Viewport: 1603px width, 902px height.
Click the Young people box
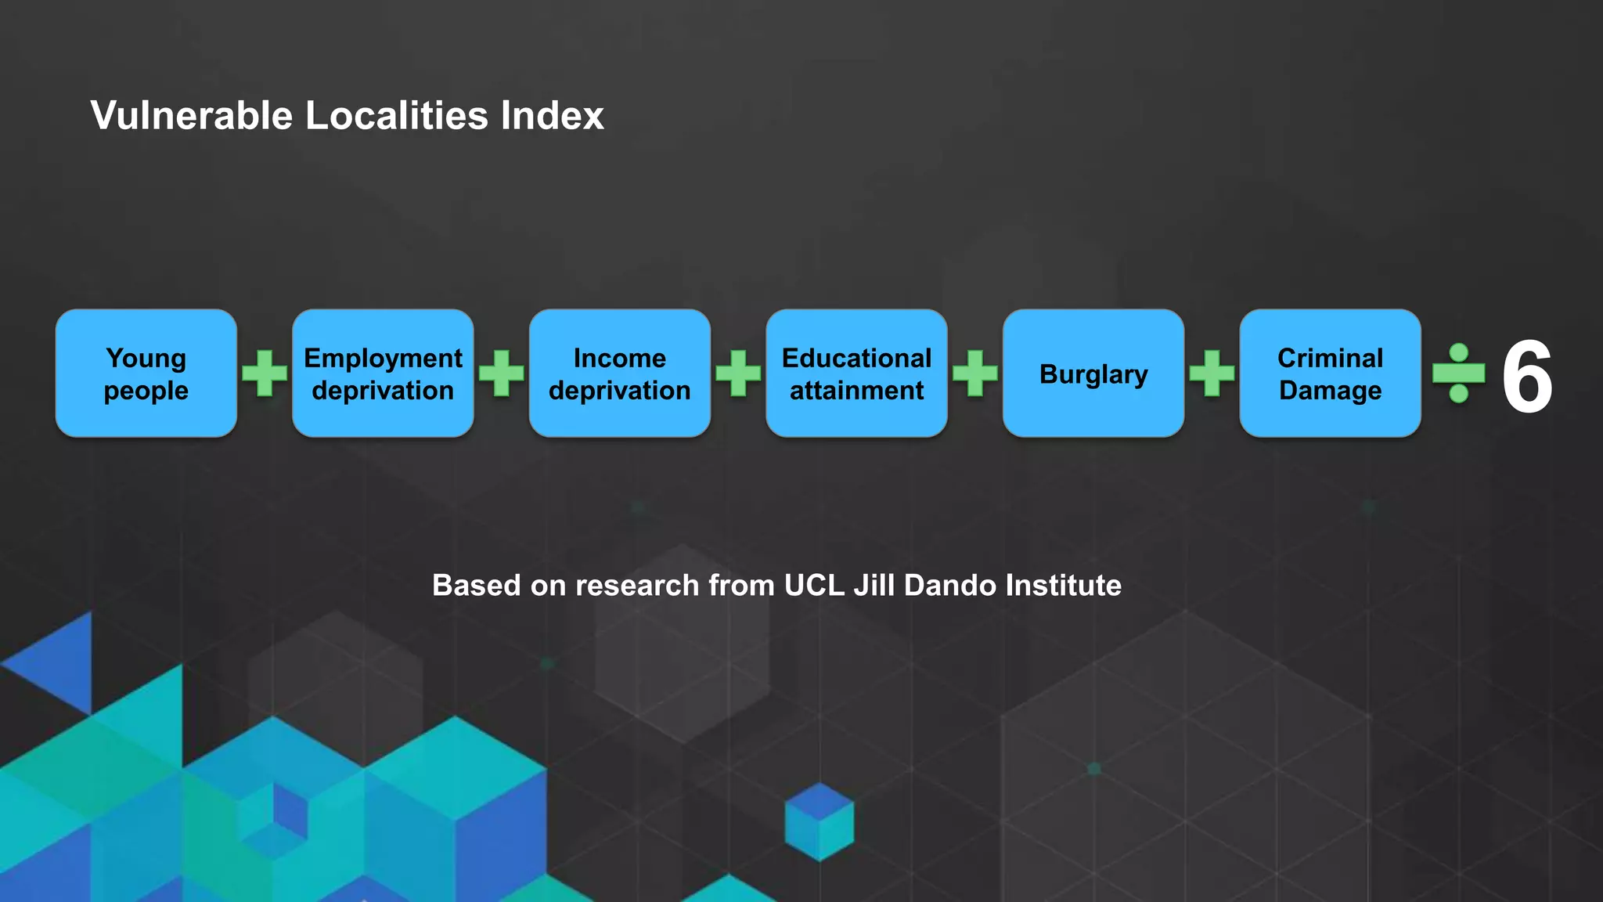(146, 373)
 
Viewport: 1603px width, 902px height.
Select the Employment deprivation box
(383, 373)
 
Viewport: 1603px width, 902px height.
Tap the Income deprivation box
(620, 373)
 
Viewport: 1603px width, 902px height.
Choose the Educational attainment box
(856, 373)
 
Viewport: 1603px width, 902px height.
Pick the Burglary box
(1093, 373)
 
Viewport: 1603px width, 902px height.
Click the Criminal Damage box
(1330, 373)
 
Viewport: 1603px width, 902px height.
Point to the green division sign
(1458, 373)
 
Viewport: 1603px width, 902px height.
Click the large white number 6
(1527, 377)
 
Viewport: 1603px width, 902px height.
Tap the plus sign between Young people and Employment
(265, 373)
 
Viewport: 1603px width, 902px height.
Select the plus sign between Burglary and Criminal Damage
(1212, 373)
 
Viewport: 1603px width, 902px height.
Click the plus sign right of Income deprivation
(738, 373)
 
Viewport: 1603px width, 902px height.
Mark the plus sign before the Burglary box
(975, 373)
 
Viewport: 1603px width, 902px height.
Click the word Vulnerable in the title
(192, 116)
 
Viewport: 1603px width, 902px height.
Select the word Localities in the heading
(397, 116)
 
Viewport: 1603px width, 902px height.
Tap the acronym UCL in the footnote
(814, 586)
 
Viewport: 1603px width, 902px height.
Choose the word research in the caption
(637, 586)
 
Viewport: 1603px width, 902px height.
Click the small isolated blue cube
(819, 822)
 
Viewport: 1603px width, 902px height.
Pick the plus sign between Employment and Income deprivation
(502, 373)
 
